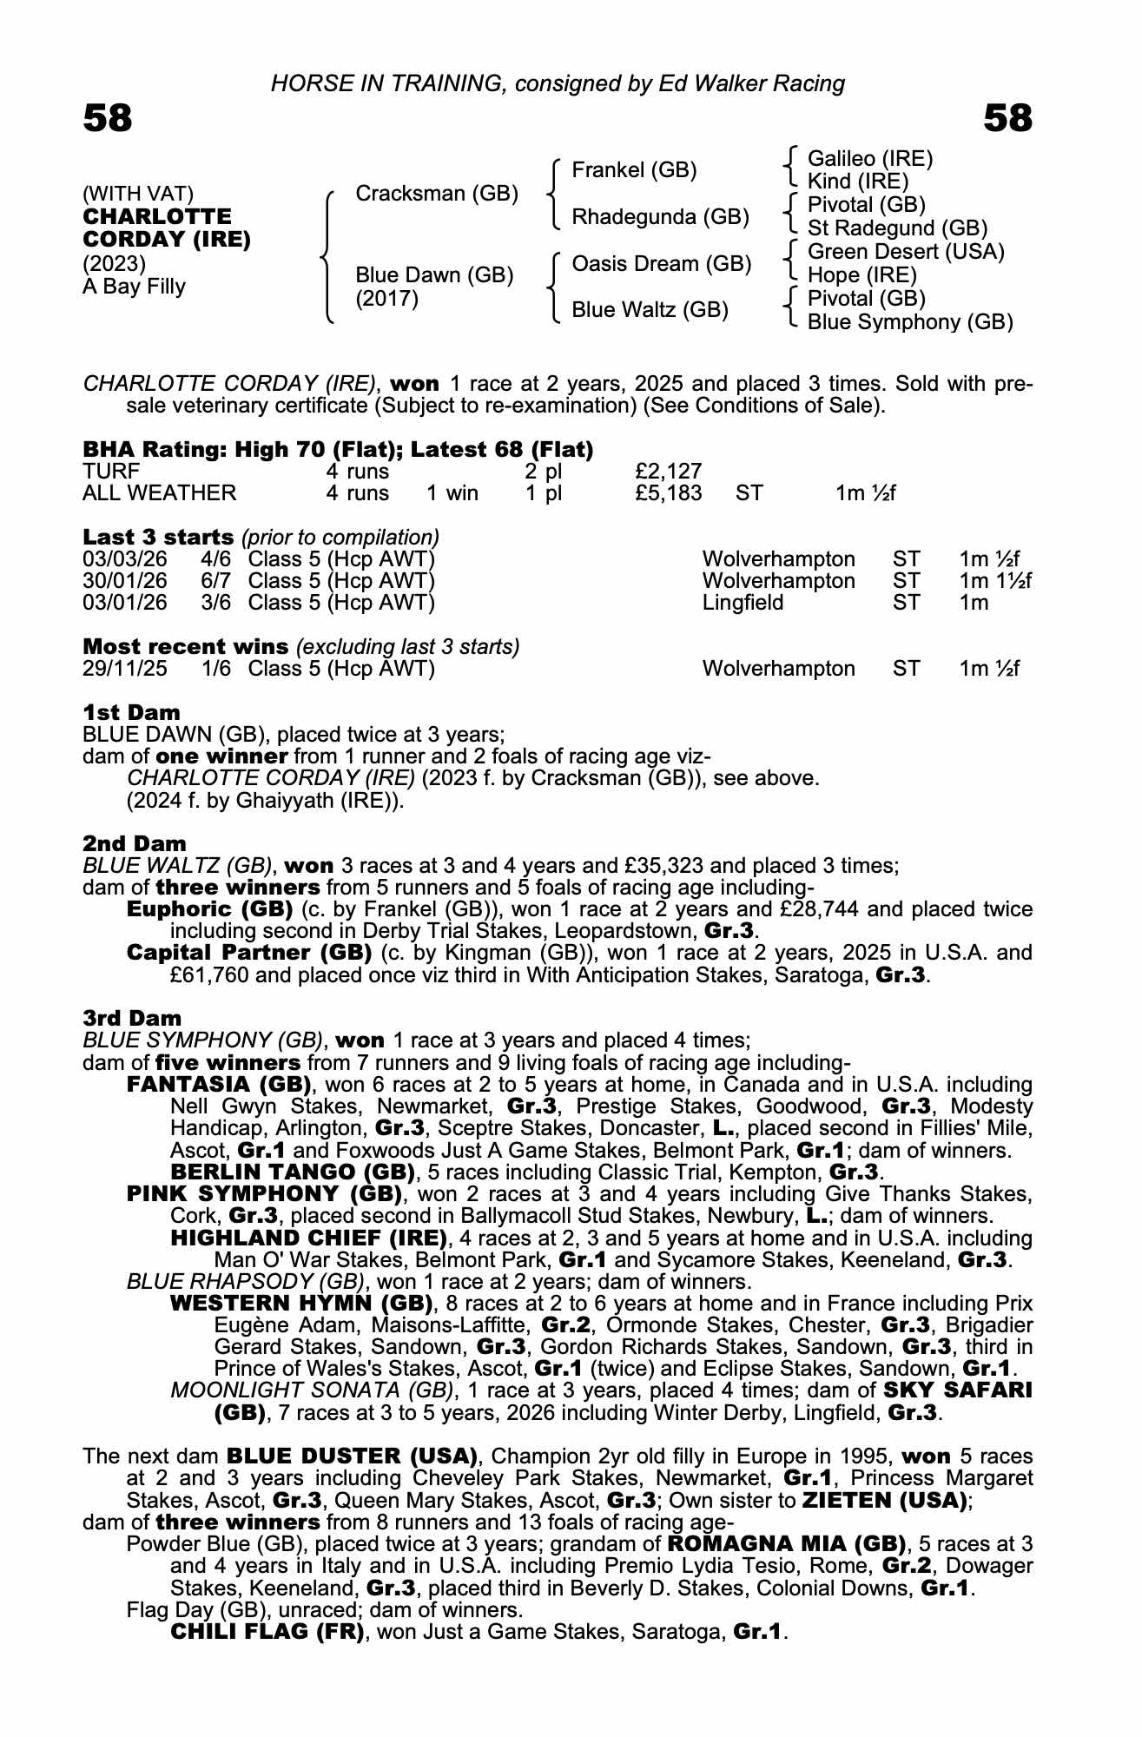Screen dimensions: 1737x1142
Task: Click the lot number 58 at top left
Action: (x=108, y=119)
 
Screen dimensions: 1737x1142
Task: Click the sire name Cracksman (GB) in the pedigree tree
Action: (x=437, y=193)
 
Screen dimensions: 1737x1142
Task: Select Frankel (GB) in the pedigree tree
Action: (x=634, y=170)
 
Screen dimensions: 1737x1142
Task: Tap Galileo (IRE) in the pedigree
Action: (x=870, y=159)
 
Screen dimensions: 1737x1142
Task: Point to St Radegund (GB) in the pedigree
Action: (x=897, y=228)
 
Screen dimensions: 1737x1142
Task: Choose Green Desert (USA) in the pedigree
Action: (x=906, y=252)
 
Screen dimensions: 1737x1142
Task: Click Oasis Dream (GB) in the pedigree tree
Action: (x=661, y=264)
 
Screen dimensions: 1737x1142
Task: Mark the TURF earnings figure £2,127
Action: (x=668, y=472)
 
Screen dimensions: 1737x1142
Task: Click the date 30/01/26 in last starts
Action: (x=125, y=581)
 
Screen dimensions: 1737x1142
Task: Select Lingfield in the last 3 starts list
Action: (x=743, y=603)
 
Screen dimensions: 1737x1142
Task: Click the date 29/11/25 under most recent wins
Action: (x=125, y=669)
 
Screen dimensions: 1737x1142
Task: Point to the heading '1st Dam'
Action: (x=131, y=713)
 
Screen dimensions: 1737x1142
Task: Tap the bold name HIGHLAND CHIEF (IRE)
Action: (x=308, y=1237)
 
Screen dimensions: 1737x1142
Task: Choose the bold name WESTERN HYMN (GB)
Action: (x=301, y=1303)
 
